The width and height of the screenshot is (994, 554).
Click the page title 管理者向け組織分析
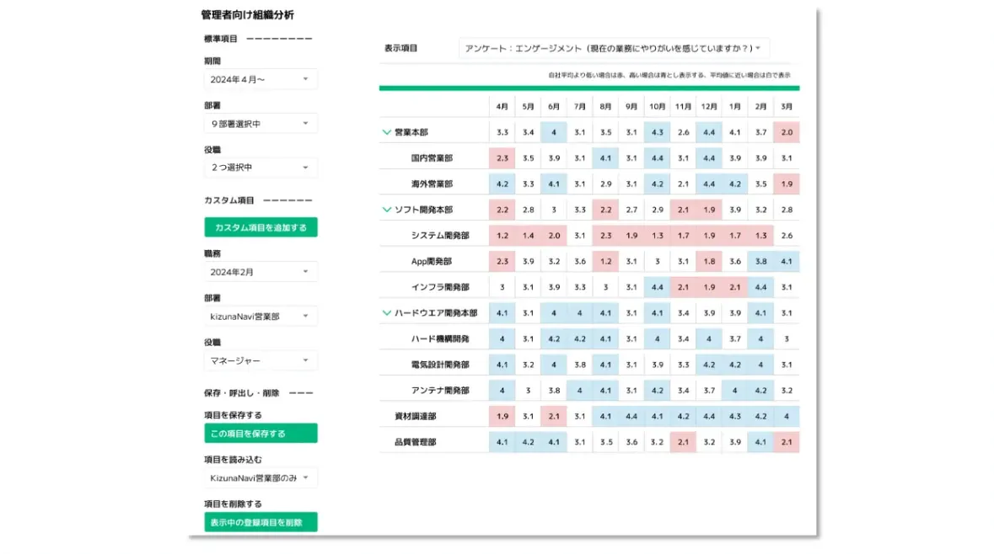point(248,15)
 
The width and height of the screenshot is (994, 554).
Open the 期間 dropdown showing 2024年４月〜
point(261,79)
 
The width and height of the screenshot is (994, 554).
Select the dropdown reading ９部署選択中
point(261,124)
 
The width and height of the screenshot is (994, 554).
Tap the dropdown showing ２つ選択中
point(261,168)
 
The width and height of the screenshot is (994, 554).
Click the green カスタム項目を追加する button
point(261,227)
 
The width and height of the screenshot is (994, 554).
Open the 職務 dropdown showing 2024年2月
point(261,272)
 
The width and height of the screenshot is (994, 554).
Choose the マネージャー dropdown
point(261,360)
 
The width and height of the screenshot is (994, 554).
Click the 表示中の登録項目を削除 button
point(261,523)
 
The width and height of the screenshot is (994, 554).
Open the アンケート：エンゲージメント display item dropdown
point(614,48)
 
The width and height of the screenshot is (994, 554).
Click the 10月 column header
point(658,107)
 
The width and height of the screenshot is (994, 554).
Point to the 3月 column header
point(787,107)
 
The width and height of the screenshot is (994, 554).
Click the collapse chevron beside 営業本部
point(387,132)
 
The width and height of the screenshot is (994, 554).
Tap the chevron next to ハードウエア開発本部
point(387,313)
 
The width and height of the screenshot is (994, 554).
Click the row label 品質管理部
point(415,442)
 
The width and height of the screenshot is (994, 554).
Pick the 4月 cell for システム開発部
point(502,236)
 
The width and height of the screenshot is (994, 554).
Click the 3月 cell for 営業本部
point(787,132)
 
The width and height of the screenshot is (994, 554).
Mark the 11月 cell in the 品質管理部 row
point(683,442)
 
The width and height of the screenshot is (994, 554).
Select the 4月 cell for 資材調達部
point(502,416)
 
